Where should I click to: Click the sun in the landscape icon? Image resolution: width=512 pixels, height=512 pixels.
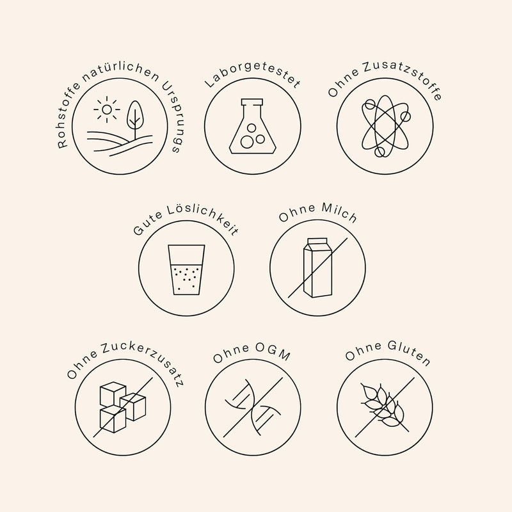(x=107, y=109)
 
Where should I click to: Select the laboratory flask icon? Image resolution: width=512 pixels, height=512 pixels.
(x=252, y=126)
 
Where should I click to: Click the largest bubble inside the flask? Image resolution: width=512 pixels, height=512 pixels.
(x=247, y=141)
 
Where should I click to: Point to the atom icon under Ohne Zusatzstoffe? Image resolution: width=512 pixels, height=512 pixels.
(x=385, y=126)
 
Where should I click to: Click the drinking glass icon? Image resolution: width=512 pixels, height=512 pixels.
(x=186, y=269)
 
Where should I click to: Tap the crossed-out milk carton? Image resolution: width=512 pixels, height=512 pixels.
(x=317, y=268)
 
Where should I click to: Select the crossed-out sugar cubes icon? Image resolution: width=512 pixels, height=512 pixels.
(x=122, y=407)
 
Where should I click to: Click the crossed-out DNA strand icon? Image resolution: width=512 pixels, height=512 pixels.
(x=253, y=407)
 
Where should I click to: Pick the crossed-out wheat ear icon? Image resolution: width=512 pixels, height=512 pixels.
(x=385, y=407)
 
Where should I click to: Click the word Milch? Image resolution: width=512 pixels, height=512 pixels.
(x=339, y=212)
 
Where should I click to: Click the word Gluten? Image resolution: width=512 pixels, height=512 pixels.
(x=409, y=353)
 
